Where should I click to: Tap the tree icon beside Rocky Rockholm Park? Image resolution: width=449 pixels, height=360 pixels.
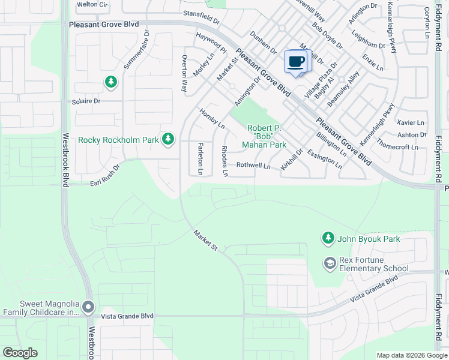(x=169, y=140)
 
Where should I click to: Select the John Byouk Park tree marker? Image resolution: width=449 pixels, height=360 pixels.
(x=328, y=239)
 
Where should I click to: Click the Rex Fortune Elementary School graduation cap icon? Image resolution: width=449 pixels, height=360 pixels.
(x=330, y=263)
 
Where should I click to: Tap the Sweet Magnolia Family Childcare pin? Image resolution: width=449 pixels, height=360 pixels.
(x=88, y=308)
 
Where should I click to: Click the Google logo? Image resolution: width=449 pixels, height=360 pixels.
(x=20, y=353)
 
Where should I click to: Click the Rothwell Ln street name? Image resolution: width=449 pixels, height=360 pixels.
(x=253, y=165)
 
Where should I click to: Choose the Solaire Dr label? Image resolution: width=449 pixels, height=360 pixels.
(x=87, y=101)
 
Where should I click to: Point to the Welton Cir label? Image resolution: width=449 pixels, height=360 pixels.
(x=92, y=4)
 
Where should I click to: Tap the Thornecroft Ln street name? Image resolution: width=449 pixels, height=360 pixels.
(x=397, y=146)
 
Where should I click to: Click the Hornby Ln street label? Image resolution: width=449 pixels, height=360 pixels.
(x=212, y=118)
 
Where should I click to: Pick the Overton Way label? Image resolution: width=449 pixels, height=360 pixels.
(x=184, y=73)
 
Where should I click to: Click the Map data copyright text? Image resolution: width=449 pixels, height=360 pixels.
(x=411, y=355)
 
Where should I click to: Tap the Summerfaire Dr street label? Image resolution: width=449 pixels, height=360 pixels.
(x=135, y=53)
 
